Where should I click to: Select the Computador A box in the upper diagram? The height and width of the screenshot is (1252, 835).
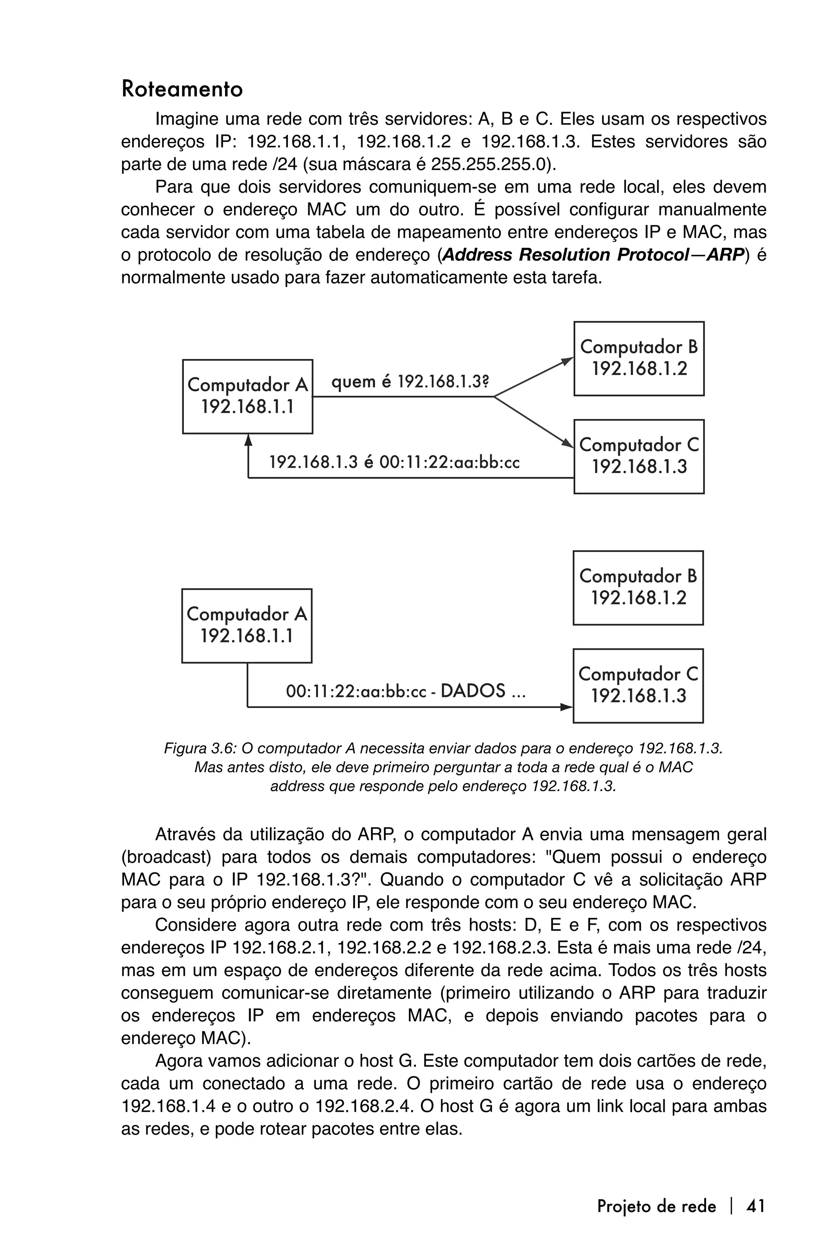247,396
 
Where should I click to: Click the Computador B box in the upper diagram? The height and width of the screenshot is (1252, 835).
638,358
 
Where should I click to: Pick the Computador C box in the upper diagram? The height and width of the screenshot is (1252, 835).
638,456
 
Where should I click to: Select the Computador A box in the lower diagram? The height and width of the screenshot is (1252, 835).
247,626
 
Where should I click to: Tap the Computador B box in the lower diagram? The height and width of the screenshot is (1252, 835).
638,588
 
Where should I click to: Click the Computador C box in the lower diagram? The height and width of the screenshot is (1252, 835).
638,686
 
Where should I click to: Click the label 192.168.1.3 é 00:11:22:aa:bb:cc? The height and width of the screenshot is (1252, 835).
394,461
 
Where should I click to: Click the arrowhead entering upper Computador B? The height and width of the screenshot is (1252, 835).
568,360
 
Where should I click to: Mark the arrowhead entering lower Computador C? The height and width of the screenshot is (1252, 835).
567,708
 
